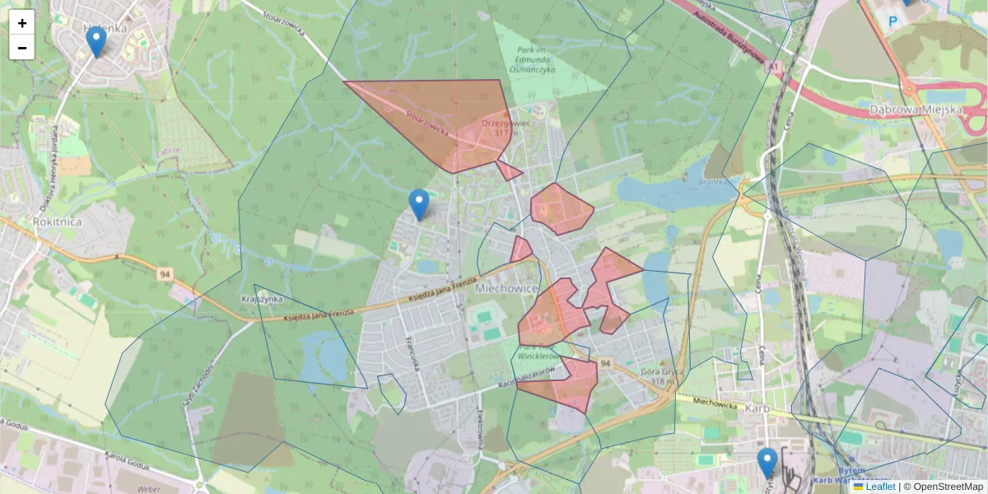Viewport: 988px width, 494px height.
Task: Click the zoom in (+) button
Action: pyautogui.click(x=22, y=23)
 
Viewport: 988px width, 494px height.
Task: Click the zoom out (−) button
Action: pyautogui.click(x=22, y=48)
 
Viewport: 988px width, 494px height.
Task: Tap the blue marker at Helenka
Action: pyautogui.click(x=96, y=42)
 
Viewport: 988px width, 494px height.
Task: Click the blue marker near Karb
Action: pyautogui.click(x=767, y=463)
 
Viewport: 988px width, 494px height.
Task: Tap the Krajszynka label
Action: pyautogui.click(x=262, y=299)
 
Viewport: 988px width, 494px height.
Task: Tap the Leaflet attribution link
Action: pyautogui.click(x=880, y=487)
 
